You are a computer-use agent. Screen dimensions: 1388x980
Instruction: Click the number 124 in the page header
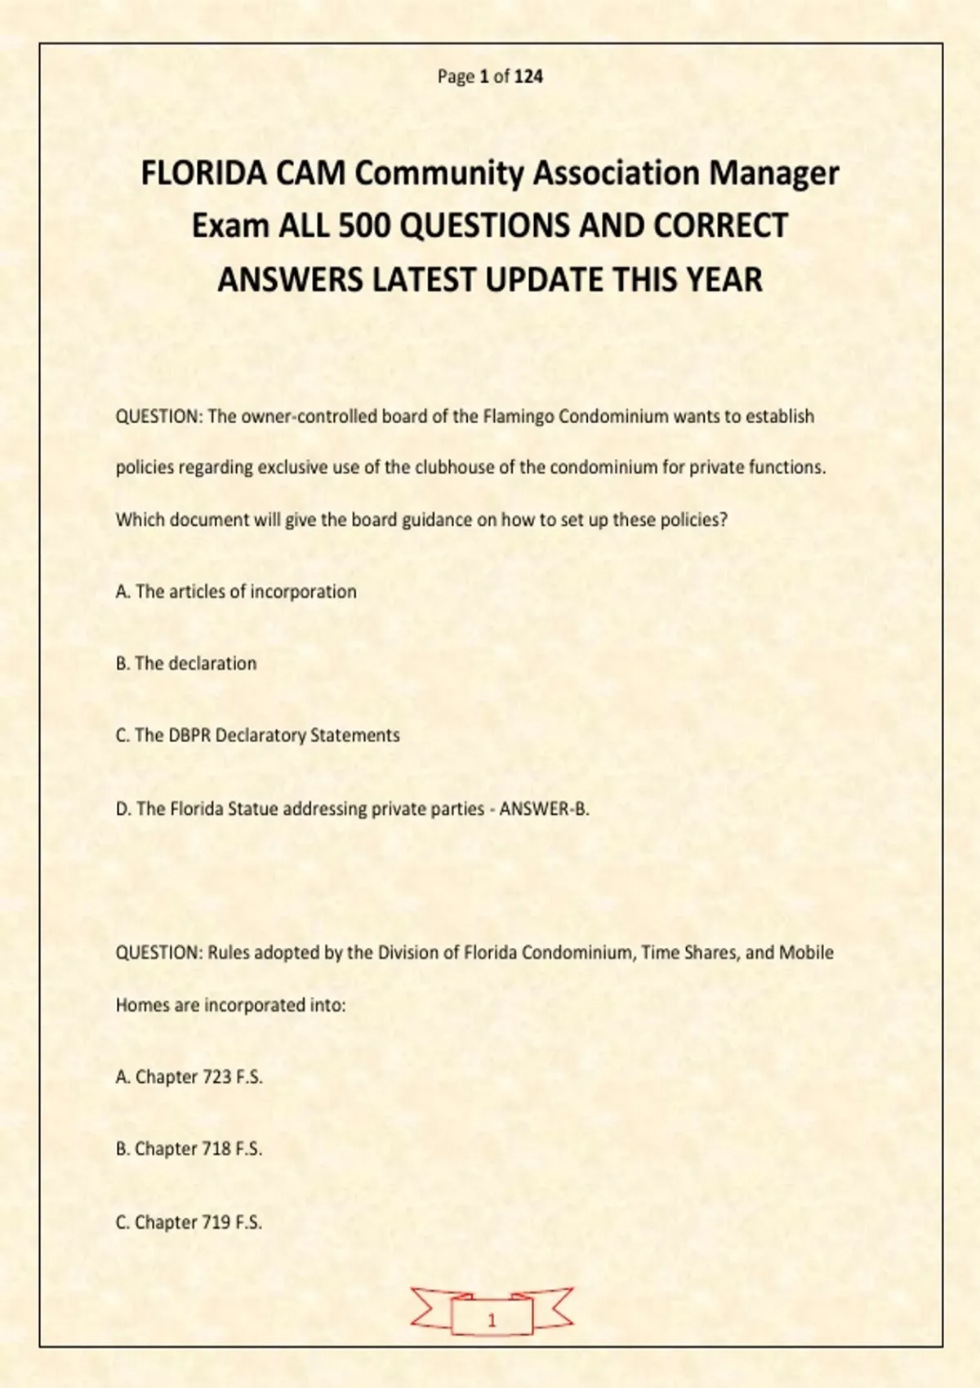click(x=529, y=77)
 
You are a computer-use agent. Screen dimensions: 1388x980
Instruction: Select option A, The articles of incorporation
click(x=236, y=592)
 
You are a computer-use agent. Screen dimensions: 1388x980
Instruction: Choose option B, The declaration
click(x=186, y=664)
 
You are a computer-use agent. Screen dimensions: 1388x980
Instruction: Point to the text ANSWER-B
click(x=544, y=809)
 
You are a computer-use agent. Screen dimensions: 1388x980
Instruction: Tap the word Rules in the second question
click(x=229, y=953)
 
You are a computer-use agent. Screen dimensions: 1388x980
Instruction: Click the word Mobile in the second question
click(x=806, y=953)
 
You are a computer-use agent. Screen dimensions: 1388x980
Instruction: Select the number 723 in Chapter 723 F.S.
click(x=216, y=1078)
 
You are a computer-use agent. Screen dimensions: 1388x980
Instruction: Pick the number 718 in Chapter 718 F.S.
click(x=216, y=1150)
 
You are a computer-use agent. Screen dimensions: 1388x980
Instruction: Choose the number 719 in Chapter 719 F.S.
click(x=216, y=1222)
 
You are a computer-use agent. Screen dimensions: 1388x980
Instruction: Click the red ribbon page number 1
click(x=492, y=1320)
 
